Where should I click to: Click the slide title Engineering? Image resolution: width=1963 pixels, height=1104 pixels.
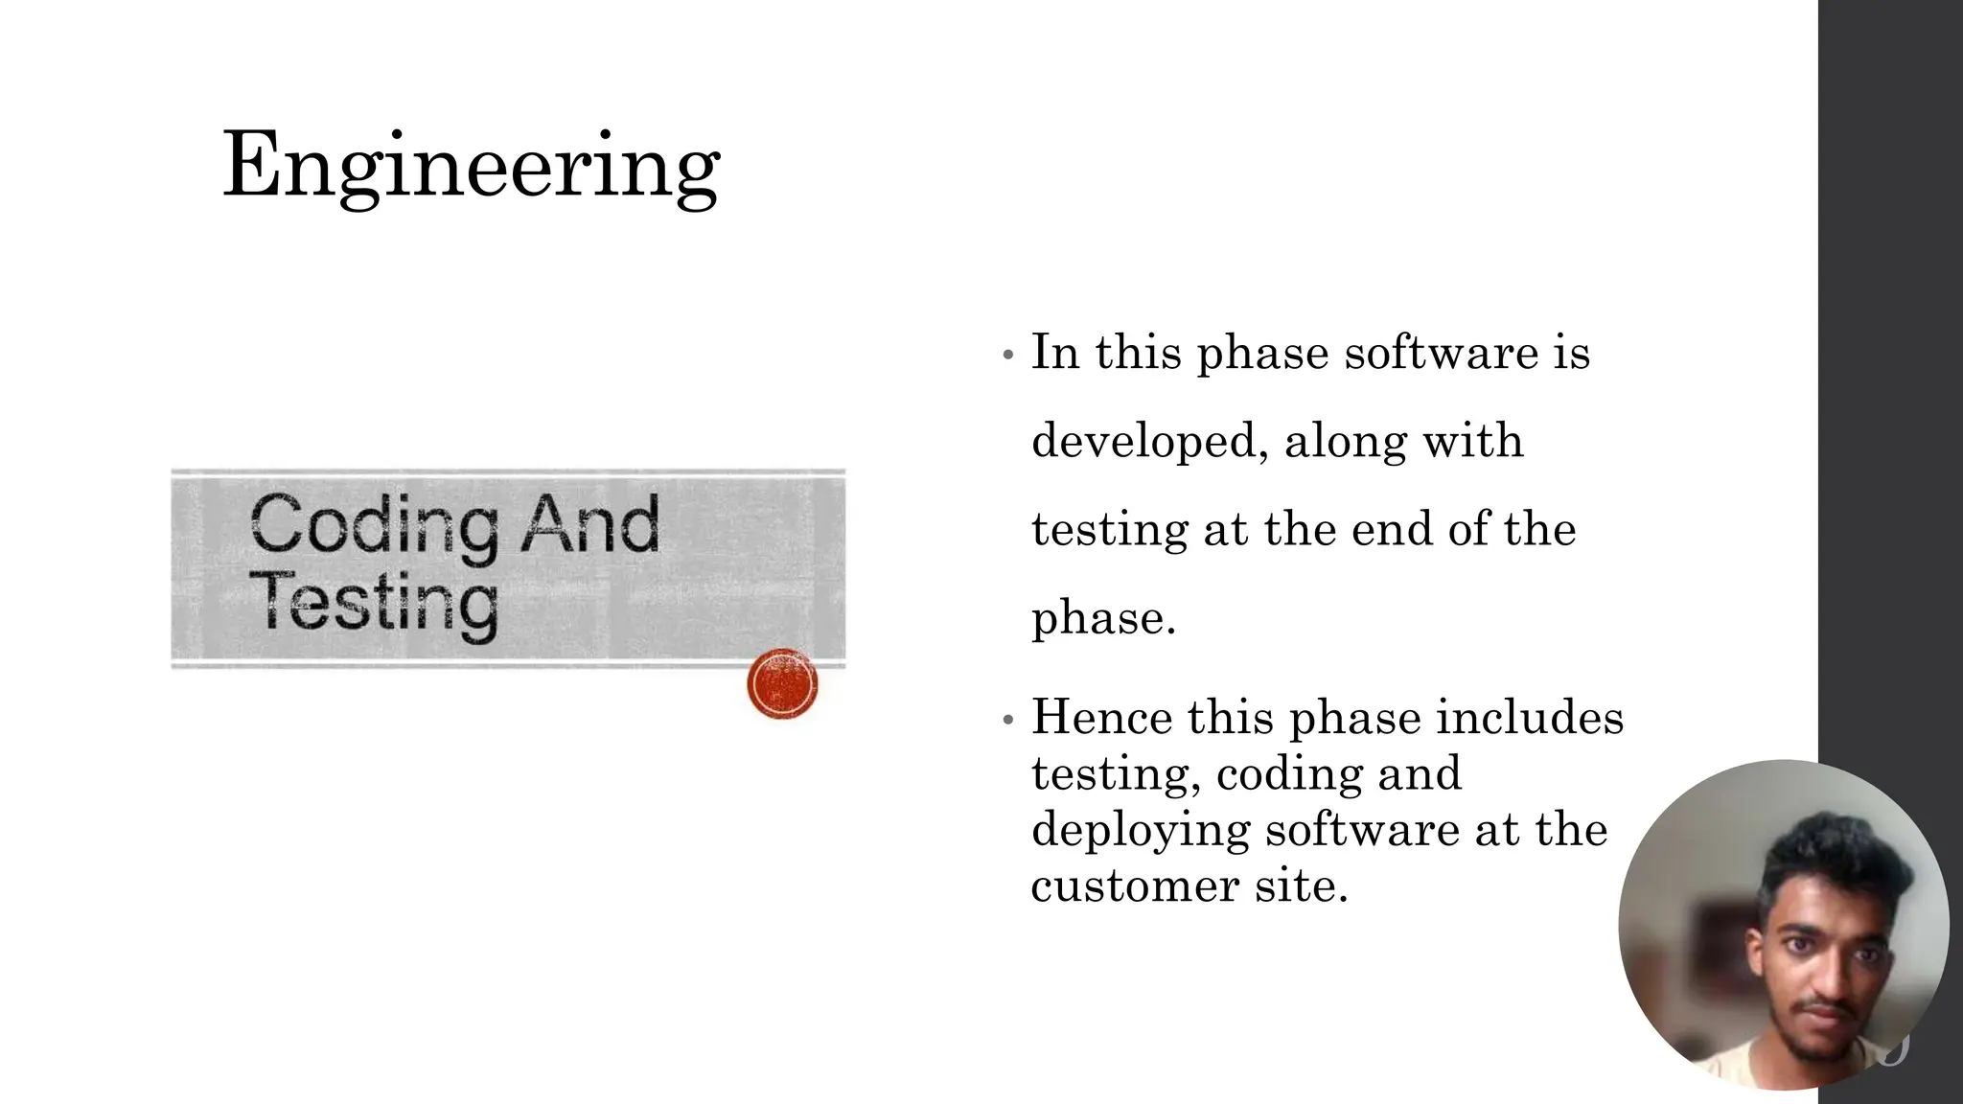click(x=471, y=166)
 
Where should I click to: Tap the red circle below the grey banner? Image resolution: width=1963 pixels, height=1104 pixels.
click(x=782, y=683)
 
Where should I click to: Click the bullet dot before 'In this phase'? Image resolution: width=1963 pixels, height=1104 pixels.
click(x=1006, y=356)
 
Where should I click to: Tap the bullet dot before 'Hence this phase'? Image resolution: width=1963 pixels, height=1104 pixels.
click(x=1006, y=720)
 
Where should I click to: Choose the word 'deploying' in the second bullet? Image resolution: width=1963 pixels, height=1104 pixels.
click(x=1140, y=830)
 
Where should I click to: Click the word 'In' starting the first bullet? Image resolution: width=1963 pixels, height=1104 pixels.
click(x=1054, y=352)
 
